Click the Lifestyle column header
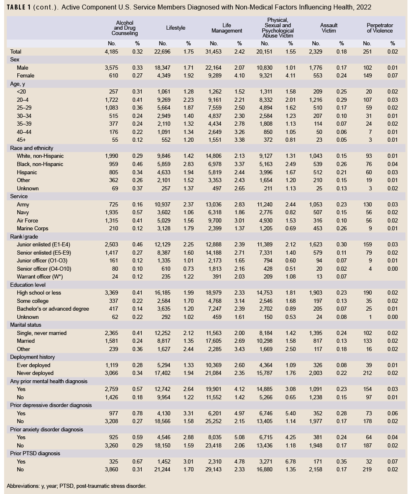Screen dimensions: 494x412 [x=176, y=28]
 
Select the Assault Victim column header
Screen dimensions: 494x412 [x=328, y=28]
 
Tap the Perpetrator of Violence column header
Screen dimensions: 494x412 [x=379, y=28]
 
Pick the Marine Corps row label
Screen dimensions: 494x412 [x=33, y=228]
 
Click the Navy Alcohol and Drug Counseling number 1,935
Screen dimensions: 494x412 [x=112, y=212]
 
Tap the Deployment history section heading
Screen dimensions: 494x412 [x=33, y=357]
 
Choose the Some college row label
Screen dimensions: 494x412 [x=33, y=301]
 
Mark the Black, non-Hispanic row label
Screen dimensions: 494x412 [x=40, y=164]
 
